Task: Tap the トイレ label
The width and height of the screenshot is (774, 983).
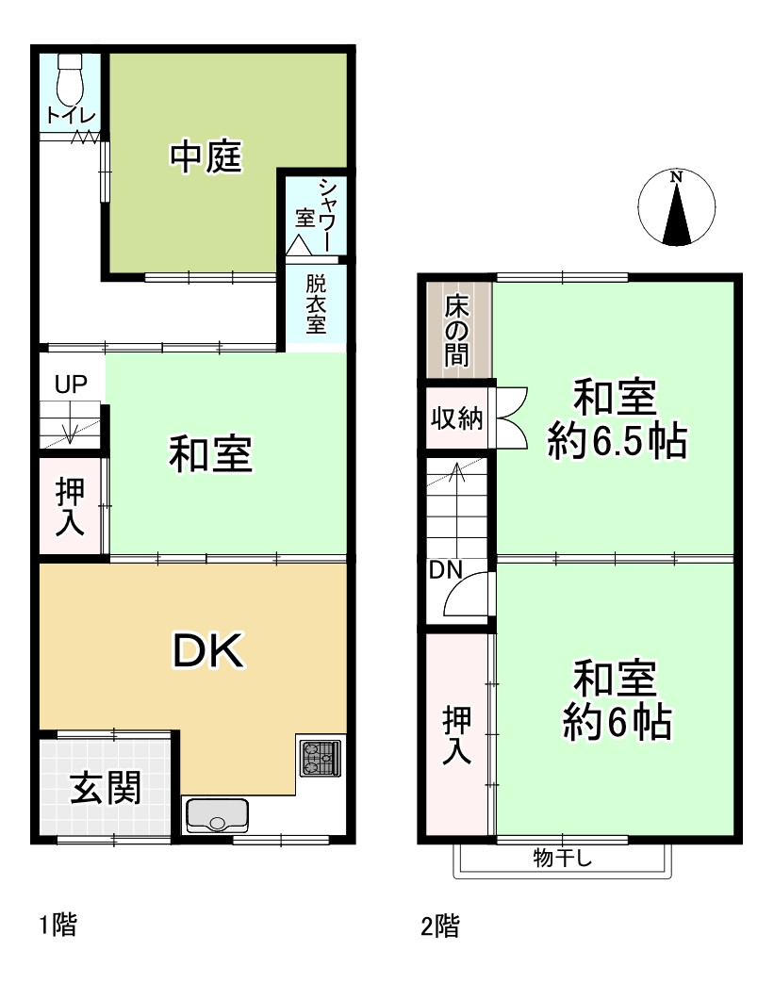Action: [x=71, y=116]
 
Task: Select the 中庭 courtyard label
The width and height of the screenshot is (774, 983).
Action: [x=206, y=156]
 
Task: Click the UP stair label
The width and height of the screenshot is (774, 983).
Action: [x=70, y=384]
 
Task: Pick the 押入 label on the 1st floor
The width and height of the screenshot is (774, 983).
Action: [x=69, y=508]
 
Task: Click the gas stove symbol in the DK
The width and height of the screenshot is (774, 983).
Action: [x=320, y=757]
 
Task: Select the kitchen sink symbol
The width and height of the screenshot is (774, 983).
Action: [x=217, y=814]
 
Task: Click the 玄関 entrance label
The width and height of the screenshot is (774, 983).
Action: [x=106, y=788]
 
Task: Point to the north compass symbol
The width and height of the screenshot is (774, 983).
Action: [x=675, y=208]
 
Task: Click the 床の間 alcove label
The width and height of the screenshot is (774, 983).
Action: [x=457, y=331]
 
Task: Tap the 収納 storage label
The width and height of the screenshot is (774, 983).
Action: [x=456, y=418]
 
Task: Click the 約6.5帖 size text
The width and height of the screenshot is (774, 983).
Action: [x=617, y=440]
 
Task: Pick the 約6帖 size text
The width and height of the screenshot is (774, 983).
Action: [x=617, y=723]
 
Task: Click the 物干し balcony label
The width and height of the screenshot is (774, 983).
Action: [x=562, y=858]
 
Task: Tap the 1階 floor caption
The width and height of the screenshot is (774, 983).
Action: [x=58, y=926]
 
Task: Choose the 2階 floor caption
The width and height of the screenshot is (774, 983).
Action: [x=440, y=926]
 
